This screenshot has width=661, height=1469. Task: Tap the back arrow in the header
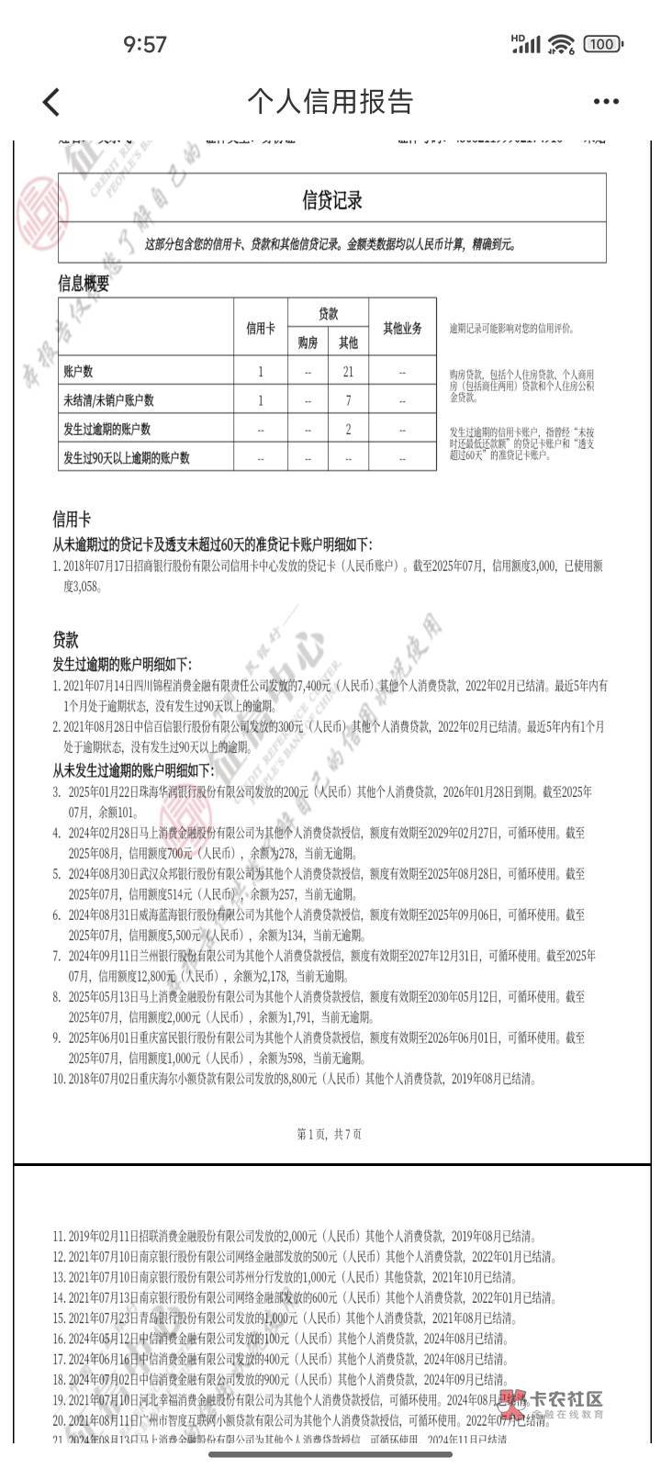click(x=51, y=101)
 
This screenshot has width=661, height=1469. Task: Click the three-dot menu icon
click(x=606, y=102)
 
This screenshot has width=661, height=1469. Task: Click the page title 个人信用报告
click(x=330, y=101)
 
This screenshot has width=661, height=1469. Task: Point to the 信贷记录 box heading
click(x=332, y=199)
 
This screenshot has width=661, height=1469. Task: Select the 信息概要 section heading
click(x=84, y=284)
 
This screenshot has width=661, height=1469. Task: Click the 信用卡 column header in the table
click(x=261, y=328)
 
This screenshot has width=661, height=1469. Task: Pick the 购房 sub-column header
click(x=308, y=343)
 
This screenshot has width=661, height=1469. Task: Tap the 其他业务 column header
click(x=402, y=328)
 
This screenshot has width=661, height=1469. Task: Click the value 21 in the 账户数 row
click(x=348, y=372)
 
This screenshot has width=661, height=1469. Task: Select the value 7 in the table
click(x=348, y=400)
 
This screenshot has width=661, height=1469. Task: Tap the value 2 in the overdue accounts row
click(x=348, y=429)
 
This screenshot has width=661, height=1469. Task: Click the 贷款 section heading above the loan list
click(x=65, y=640)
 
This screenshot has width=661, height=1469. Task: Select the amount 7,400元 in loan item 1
click(x=317, y=686)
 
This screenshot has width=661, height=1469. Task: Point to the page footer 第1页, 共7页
click(x=330, y=1134)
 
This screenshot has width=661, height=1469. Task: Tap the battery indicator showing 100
click(x=601, y=43)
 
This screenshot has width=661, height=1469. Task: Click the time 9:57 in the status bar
click(x=144, y=43)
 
